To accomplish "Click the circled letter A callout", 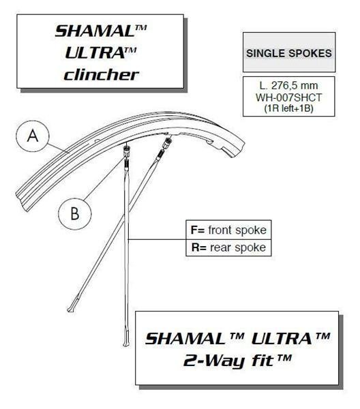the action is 33,136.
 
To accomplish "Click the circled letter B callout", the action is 75,213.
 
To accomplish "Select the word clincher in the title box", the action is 101,75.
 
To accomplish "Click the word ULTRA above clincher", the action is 95,53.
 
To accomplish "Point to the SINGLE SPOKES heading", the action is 289,53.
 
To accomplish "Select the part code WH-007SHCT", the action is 289,97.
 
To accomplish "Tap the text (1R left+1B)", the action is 289,108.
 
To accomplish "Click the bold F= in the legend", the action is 198,230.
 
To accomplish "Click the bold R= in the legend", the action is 199,247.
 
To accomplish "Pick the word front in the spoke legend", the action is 220,230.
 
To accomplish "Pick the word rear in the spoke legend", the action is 221,247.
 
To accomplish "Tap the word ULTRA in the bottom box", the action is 282,339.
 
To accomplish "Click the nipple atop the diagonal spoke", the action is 167,143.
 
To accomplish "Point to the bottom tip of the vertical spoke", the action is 126,346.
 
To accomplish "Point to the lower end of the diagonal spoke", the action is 69,310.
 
